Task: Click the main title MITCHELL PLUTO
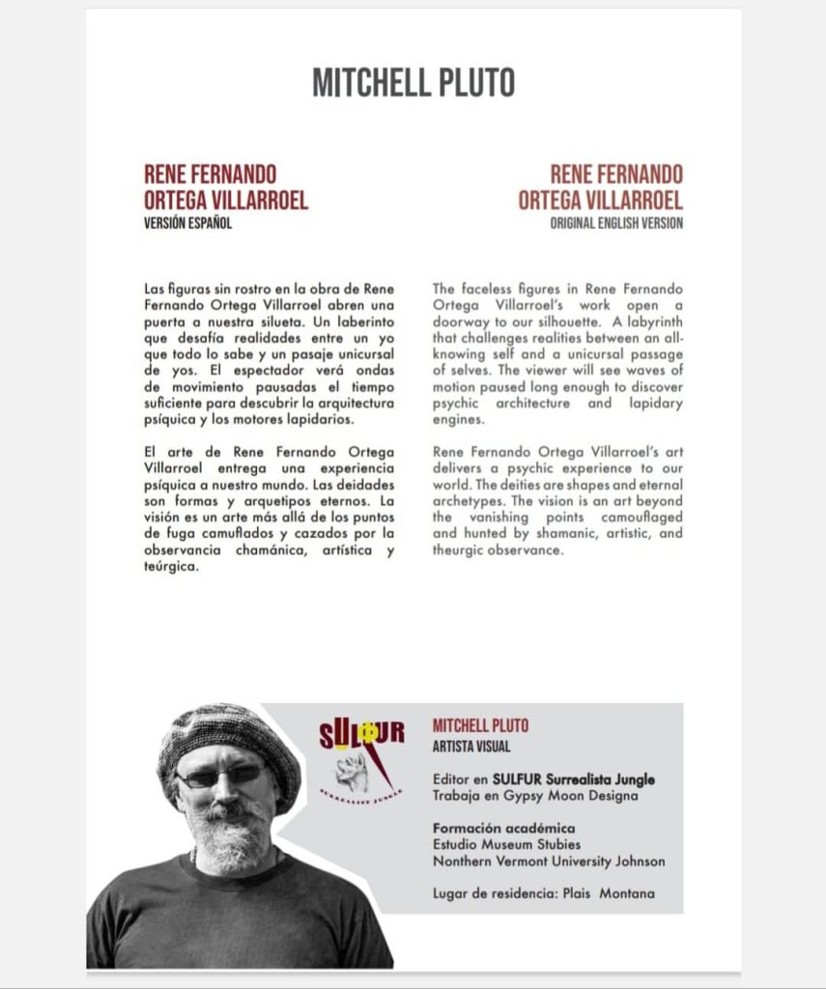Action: (x=413, y=82)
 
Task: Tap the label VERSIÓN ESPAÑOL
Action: (x=188, y=223)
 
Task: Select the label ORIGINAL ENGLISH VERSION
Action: (x=616, y=223)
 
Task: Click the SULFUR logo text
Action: (x=361, y=735)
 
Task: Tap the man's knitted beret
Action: (x=228, y=736)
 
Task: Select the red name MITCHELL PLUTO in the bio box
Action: (x=480, y=726)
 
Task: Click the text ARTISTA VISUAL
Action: (x=471, y=747)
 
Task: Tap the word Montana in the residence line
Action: (x=627, y=893)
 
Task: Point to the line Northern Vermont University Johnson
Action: (x=548, y=861)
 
